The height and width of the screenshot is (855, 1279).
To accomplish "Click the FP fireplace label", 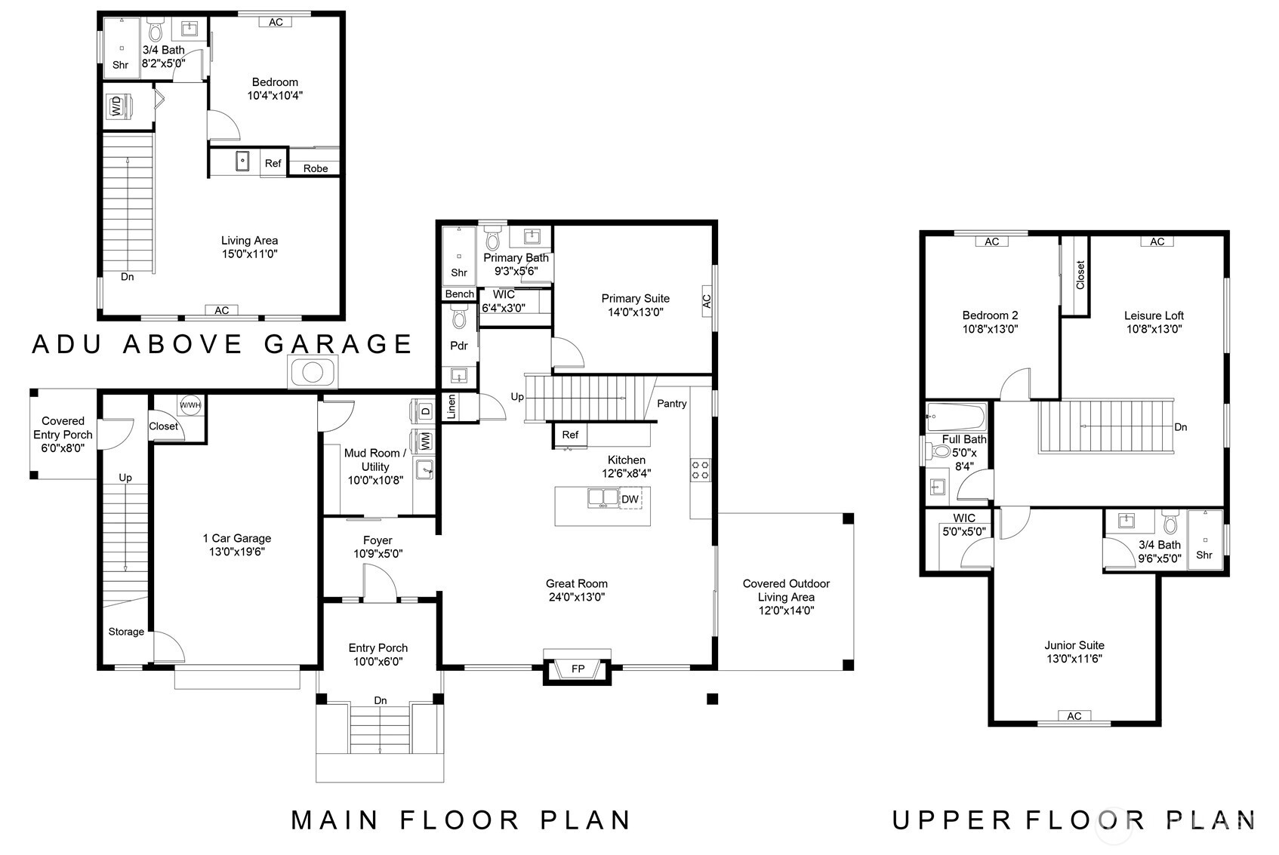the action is (578, 669).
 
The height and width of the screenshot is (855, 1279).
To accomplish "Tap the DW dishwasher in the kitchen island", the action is (630, 499).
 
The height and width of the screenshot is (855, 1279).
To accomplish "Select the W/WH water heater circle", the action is (190, 405).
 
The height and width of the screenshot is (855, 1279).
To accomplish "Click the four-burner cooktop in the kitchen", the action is (701, 470).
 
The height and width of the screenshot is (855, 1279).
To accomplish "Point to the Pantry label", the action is (671, 404).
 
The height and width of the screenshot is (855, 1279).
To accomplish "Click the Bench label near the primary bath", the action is (460, 294).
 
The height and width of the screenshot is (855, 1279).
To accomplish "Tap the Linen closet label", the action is (451, 407).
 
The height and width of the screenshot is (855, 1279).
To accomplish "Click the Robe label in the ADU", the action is (316, 168).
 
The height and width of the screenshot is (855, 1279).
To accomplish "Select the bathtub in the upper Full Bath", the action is (957, 417).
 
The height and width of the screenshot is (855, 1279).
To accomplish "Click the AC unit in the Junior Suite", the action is (1074, 715).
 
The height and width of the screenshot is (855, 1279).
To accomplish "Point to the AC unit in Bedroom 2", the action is (992, 241).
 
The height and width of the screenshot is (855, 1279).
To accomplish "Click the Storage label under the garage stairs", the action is (126, 632).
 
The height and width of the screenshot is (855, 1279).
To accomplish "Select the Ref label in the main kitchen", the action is (570, 435).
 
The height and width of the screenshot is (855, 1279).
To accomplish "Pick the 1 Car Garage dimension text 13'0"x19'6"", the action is (237, 552).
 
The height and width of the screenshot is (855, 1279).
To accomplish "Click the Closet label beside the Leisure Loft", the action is (1080, 275).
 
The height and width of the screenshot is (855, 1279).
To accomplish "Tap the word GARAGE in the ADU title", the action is (338, 343).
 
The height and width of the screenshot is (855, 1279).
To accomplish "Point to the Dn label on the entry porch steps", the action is (381, 700).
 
